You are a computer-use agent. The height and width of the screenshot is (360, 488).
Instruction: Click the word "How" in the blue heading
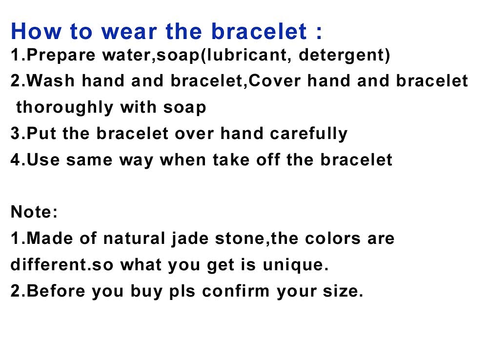[36, 31]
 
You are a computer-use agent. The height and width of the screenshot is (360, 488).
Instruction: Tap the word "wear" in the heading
[129, 32]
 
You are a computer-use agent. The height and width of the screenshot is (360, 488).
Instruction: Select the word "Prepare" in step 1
[61, 55]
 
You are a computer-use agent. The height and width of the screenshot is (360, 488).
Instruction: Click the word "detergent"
[342, 55]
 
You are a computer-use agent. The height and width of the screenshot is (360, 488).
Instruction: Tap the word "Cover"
[275, 81]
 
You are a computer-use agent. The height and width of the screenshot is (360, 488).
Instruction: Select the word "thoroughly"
[64, 108]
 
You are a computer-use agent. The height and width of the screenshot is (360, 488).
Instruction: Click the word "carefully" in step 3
[308, 134]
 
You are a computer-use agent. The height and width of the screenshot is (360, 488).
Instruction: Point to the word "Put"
[41, 134]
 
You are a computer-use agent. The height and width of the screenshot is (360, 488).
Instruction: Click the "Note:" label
[34, 212]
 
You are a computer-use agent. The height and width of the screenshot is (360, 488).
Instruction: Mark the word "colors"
[332, 239]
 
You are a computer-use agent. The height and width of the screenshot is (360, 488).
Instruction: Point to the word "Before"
[56, 291]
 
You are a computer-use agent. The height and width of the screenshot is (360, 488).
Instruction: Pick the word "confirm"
[236, 291]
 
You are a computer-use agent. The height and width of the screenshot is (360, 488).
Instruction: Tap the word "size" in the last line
[341, 292]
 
